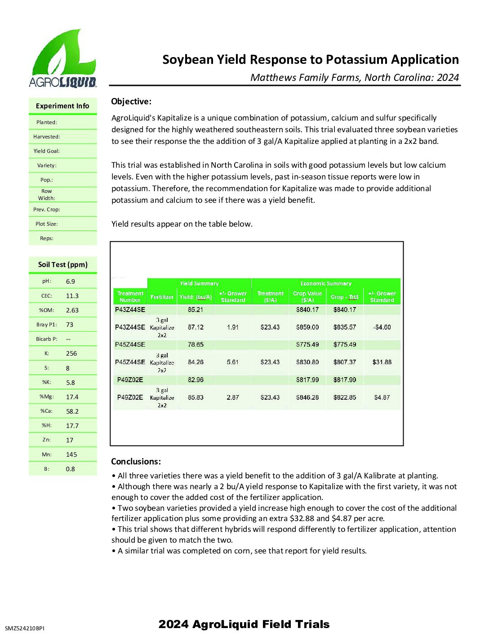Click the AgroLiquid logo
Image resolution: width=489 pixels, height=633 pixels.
pyautogui.click(x=62, y=58)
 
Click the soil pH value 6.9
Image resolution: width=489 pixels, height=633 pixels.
pyautogui.click(x=71, y=281)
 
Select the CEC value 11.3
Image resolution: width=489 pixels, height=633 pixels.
pyautogui.click(x=72, y=296)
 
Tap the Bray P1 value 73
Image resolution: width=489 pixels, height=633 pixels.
pyautogui.click(x=70, y=325)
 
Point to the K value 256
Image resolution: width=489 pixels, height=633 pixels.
pyautogui.click(x=71, y=353)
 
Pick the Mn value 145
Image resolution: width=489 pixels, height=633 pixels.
pyautogui.click(x=71, y=455)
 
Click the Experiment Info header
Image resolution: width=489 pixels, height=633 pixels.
pyautogui.click(x=62, y=106)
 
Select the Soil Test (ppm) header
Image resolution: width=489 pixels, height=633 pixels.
pyautogui.click(x=63, y=265)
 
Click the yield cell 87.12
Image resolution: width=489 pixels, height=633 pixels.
pyautogui.click(x=196, y=327)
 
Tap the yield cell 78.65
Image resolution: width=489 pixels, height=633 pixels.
pyautogui.click(x=196, y=345)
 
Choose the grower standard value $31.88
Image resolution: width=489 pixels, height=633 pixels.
pyautogui.click(x=382, y=362)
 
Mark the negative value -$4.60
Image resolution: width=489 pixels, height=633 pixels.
pyautogui.click(x=382, y=327)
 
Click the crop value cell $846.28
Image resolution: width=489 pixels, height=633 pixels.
pyautogui.click(x=307, y=397)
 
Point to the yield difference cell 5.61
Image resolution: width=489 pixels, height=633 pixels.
pyautogui.click(x=233, y=362)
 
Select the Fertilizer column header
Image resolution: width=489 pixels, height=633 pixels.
pyautogui.click(x=162, y=297)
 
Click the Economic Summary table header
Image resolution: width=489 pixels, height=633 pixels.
pyautogui.click(x=326, y=284)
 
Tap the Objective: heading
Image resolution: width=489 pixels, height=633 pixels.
pyautogui.click(x=131, y=102)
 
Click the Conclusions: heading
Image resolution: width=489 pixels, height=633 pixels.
pyautogui.click(x=136, y=462)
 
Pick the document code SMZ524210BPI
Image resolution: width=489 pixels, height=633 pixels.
pyautogui.click(x=25, y=628)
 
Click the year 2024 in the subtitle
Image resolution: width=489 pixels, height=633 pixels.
pyautogui.click(x=448, y=77)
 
